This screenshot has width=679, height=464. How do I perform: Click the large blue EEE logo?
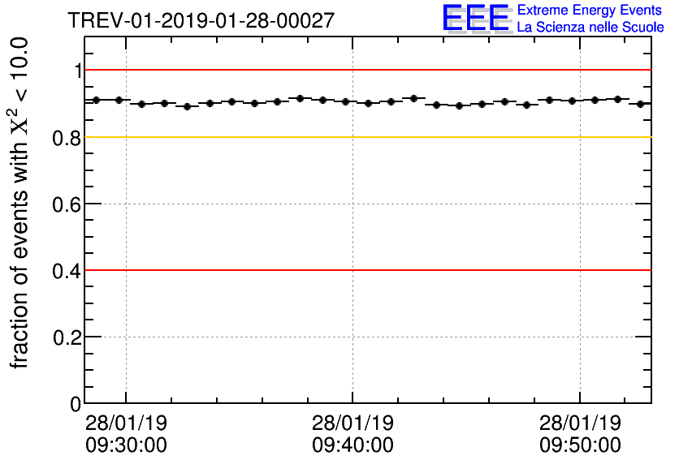(476, 18)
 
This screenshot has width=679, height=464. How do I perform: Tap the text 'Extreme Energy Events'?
(590, 10)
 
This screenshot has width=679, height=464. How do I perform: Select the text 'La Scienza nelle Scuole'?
(590, 28)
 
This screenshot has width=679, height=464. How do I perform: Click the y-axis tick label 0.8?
(67, 138)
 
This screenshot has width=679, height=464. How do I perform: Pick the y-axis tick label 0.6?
(67, 204)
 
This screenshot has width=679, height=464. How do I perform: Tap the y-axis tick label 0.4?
(67, 270)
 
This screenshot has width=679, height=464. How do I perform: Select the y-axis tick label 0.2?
(67, 337)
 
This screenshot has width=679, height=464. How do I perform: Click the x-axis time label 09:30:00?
(126, 445)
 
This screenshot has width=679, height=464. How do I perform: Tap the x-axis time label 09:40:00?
(352, 445)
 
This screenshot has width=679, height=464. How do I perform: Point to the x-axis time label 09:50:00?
(580, 445)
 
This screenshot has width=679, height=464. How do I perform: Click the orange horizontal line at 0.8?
(365, 137)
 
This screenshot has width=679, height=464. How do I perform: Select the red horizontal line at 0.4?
(365, 270)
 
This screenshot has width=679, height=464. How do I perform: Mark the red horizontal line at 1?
(365, 71)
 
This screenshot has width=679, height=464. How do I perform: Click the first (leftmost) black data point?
(96, 100)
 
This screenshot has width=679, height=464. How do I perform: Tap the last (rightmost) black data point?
(641, 104)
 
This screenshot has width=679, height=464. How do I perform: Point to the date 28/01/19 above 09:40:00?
(352, 424)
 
